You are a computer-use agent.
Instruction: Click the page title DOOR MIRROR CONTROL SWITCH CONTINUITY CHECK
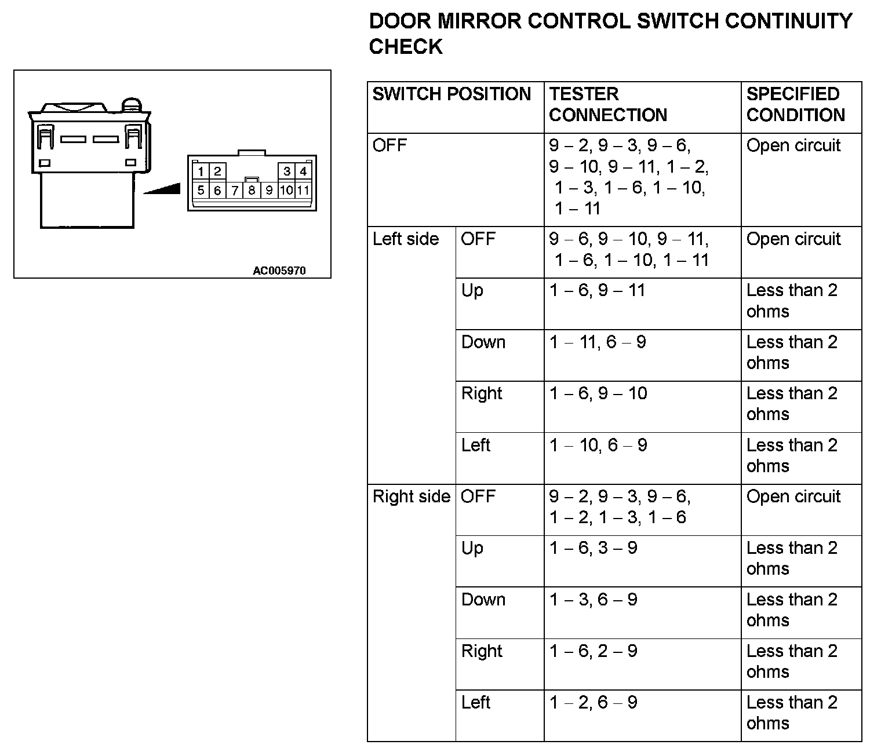(610, 34)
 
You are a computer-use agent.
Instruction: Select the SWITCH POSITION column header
(452, 94)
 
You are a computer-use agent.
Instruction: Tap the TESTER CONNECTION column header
(608, 104)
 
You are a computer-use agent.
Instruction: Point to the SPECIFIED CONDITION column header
(795, 104)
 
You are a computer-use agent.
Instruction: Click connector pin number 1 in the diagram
(201, 171)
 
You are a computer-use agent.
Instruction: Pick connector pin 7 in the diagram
(235, 191)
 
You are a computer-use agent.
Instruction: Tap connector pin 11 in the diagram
(303, 191)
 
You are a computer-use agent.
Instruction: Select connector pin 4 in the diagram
(303, 171)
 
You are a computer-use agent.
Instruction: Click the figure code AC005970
(279, 271)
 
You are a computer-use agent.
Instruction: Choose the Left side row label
(406, 239)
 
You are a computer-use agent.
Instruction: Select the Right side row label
(411, 497)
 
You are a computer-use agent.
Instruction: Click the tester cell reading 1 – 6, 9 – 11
(597, 290)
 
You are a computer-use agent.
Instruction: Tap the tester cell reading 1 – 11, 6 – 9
(598, 342)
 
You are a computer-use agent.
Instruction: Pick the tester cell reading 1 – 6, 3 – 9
(593, 548)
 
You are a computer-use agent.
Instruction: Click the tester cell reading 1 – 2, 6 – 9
(593, 703)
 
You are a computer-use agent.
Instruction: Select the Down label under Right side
(483, 600)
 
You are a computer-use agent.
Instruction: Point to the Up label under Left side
(472, 290)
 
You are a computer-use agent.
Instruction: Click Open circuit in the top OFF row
(793, 145)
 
